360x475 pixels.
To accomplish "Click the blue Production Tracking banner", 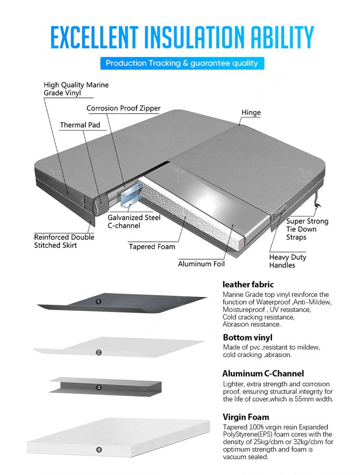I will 182,63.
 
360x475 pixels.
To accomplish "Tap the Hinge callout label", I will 251,113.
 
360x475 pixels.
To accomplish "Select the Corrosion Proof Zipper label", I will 123,108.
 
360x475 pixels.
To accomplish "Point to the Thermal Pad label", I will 80,125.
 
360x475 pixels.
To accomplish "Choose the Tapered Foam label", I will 152,247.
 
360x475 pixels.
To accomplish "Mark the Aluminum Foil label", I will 201,264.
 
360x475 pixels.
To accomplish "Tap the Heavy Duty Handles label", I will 288,261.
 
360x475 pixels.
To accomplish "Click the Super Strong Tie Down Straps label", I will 307,229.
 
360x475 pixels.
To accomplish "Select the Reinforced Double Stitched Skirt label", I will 64,241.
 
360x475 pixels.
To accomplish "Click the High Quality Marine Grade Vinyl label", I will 76,89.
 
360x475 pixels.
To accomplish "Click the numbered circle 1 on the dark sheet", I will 98,302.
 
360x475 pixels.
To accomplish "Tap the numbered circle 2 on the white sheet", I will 98,353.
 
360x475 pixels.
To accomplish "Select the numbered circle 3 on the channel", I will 98,387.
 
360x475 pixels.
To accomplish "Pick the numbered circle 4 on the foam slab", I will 98,450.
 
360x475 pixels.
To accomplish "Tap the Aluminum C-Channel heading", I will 263,374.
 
